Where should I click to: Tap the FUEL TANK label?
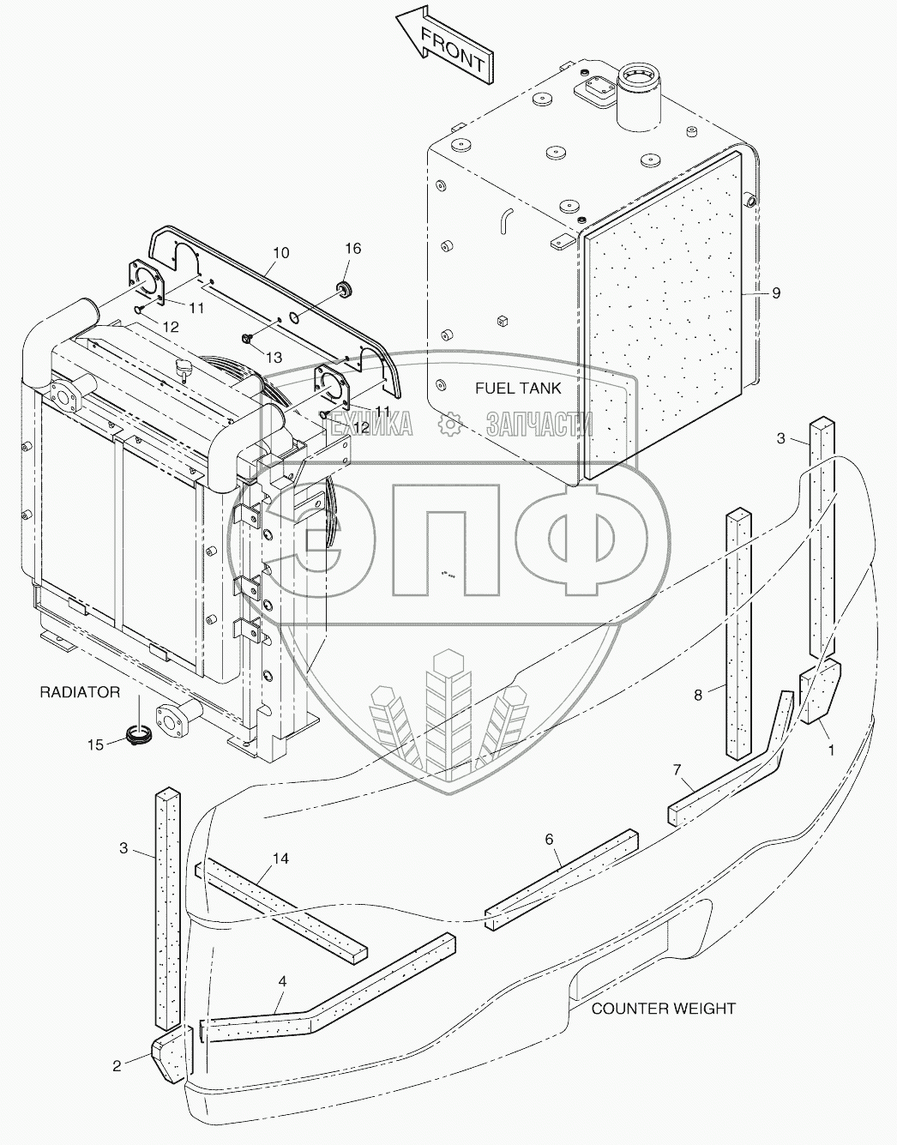(x=518, y=389)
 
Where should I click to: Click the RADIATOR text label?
(x=80, y=692)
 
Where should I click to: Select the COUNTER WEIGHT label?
(x=663, y=1009)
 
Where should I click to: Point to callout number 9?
(x=775, y=293)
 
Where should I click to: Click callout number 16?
(x=353, y=249)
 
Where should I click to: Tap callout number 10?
(x=281, y=253)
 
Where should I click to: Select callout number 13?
(x=273, y=356)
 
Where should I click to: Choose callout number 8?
(x=698, y=695)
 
